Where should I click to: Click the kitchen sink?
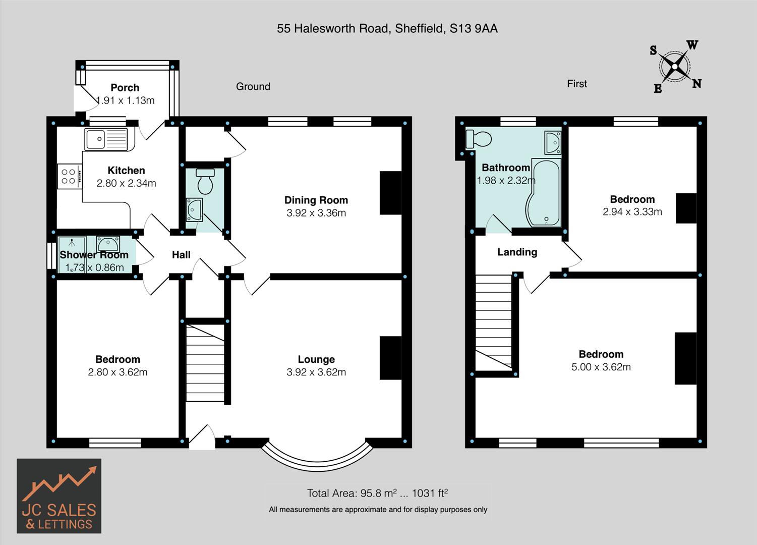point(106,139)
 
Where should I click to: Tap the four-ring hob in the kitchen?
point(69,177)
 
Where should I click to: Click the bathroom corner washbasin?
point(552,143)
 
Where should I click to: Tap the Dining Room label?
point(316,200)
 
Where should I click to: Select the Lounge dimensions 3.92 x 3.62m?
point(316,372)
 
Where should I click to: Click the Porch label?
point(125,88)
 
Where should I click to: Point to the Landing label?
point(517,252)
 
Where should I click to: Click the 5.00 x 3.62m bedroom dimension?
point(601,367)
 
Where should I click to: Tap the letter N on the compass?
point(696,84)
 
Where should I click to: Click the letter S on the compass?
point(654,50)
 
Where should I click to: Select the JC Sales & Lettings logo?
point(59,496)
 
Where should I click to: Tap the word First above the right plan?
point(577,84)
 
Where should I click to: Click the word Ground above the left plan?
point(253,87)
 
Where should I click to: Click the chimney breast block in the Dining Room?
point(390,193)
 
